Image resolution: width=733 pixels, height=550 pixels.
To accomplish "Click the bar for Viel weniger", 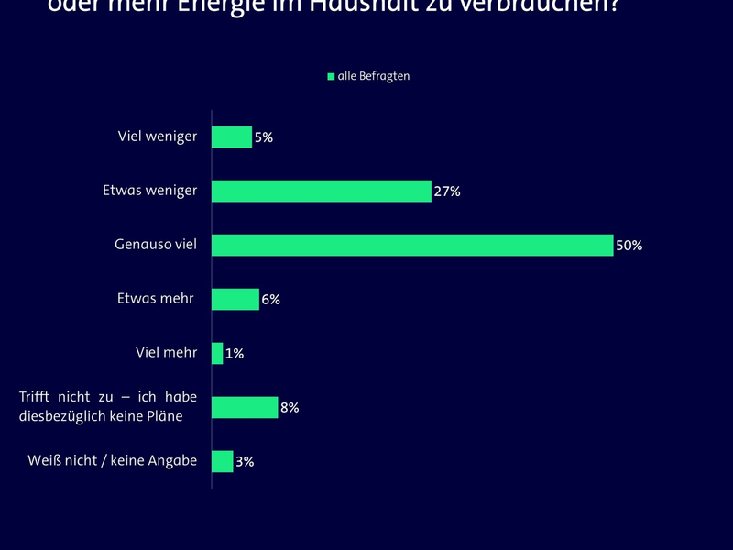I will tap(232, 137).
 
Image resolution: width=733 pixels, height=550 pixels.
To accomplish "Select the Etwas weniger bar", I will tap(322, 192).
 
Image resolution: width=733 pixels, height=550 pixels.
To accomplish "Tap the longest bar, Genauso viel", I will tap(412, 246).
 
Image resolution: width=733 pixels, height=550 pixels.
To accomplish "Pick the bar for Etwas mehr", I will tap(235, 300).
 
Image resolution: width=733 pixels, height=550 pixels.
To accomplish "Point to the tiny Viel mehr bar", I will tap(217, 353).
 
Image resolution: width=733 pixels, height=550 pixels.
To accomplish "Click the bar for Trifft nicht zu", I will tap(245, 407).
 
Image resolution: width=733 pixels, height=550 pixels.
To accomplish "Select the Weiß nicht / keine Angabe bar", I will tap(223, 461).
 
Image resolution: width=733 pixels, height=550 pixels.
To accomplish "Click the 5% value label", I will tap(264, 137).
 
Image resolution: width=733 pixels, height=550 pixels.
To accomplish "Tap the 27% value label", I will tap(447, 192).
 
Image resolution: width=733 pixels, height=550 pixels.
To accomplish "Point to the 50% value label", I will tap(629, 246).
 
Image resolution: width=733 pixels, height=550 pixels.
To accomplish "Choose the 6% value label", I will tap(270, 300).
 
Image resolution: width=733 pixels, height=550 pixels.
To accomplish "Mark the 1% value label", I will tap(235, 353).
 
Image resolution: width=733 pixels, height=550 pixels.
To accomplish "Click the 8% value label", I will tap(290, 407).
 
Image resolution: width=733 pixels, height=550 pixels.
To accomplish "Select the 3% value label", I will tap(245, 461).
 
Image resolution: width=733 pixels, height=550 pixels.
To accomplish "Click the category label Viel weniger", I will tap(158, 137).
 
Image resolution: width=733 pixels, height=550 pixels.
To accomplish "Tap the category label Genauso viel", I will tap(156, 245).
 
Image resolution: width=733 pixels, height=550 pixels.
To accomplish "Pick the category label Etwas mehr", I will tap(156, 299).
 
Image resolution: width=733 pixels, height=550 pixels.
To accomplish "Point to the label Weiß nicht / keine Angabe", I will tap(113, 460).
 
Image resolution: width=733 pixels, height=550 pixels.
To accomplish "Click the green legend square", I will tap(332, 77).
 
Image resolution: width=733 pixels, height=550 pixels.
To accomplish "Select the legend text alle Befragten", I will tap(374, 77).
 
